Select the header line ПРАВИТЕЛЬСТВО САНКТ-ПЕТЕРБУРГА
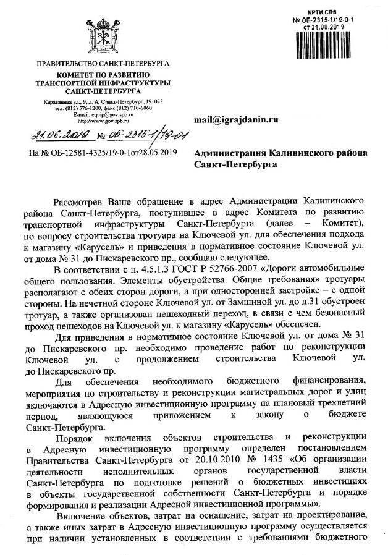[x=103, y=64]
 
